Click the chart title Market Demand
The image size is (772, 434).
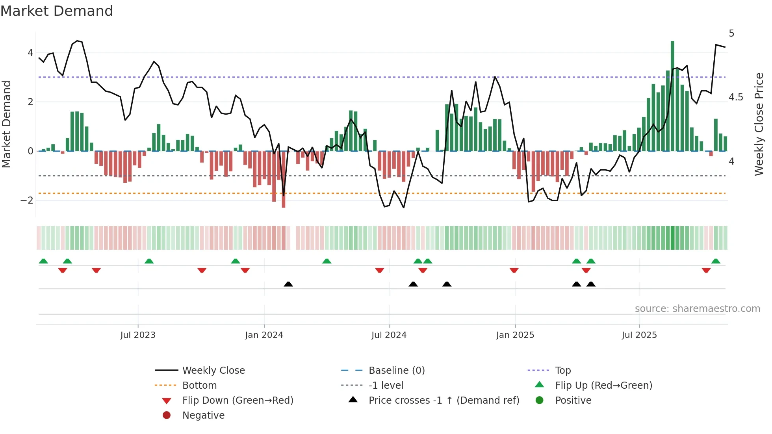(x=57, y=11)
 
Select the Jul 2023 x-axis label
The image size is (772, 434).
(x=138, y=335)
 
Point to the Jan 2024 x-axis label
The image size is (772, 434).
(x=264, y=335)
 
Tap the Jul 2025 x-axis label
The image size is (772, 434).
(x=639, y=335)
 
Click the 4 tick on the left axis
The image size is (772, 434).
(x=30, y=53)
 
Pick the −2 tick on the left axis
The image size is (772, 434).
(x=27, y=200)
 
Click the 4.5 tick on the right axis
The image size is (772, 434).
(x=736, y=97)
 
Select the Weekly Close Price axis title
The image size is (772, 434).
(x=759, y=124)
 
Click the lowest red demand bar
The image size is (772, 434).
(x=284, y=180)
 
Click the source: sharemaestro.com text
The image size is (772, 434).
(x=697, y=309)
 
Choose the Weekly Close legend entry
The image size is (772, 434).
(x=213, y=371)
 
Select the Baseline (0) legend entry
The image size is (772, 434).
(x=396, y=371)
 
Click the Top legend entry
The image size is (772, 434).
(x=562, y=371)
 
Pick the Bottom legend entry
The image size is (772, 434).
(x=199, y=386)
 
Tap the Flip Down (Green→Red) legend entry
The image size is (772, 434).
(x=238, y=401)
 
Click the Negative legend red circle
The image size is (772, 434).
(x=167, y=415)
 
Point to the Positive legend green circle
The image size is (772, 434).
(x=540, y=401)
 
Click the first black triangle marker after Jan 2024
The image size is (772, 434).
(x=288, y=284)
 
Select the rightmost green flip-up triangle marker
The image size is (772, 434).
(x=716, y=261)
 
